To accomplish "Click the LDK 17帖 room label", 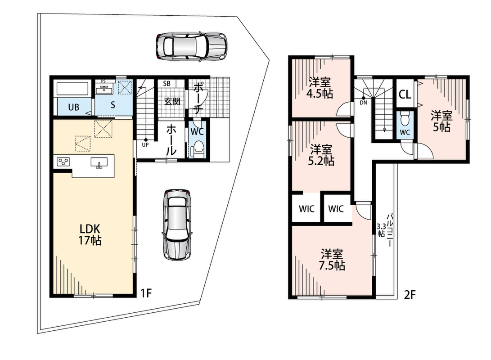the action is click(90, 234).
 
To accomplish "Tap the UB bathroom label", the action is click(74, 108).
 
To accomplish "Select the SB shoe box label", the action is click(167, 84).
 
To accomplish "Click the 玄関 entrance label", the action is click(172, 101).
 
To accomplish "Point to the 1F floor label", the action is click(146, 293).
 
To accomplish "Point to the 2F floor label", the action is click(410, 295).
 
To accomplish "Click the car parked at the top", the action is click(191, 46).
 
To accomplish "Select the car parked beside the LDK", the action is click(177, 224).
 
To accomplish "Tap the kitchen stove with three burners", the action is click(63, 162).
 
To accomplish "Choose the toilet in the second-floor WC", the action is click(405, 119).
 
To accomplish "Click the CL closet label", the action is click(405, 94).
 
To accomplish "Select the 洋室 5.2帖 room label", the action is click(321, 155).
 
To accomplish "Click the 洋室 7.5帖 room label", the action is click(332, 259).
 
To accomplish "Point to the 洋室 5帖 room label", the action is click(441, 121).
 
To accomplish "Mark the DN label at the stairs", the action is click(363, 102).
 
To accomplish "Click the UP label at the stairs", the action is click(145, 144).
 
